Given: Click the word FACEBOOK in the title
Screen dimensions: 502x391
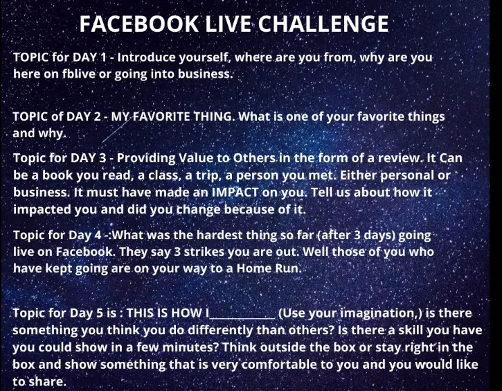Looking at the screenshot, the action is coord(139,24).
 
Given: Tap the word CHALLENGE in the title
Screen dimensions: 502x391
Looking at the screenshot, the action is coord(323,24).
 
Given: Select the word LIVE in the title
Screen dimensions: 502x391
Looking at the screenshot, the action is coord(228,24).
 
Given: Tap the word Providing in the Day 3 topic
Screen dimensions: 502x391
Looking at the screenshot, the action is coord(146,158).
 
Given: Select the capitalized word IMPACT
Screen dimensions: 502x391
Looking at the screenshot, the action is coord(235,192).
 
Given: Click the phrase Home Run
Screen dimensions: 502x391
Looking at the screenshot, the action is coord(269,268).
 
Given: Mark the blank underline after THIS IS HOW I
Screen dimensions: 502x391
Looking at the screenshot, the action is coord(242,319).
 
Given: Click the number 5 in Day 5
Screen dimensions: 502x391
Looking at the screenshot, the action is coord(100,313).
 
